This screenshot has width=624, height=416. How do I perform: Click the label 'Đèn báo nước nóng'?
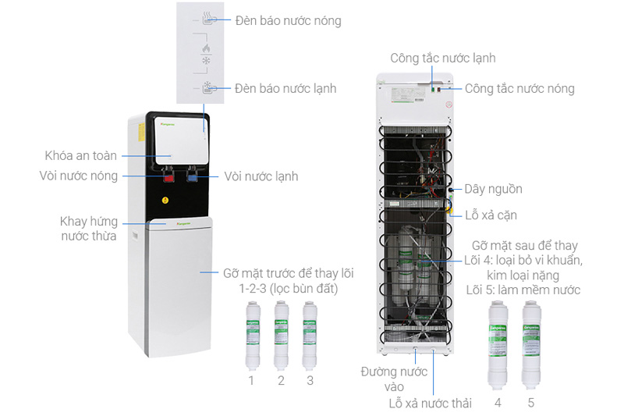point(288,20)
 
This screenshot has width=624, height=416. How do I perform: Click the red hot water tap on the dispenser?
point(167,177)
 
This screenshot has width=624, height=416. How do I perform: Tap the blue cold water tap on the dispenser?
point(192,177)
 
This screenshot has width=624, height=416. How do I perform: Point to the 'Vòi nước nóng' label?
point(78,176)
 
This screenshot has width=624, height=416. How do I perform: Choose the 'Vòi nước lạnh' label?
point(261,176)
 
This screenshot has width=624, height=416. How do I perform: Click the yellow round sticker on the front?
point(165,200)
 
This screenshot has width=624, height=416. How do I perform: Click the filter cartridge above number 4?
point(498,344)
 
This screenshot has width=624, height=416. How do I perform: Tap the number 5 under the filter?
point(531,403)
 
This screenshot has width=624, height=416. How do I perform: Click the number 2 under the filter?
point(281,380)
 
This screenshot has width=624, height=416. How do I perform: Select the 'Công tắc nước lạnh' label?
point(443,58)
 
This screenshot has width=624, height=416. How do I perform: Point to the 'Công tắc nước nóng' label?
point(519,88)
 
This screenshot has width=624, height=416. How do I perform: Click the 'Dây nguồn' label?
point(493,189)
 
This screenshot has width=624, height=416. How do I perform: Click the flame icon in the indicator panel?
point(207,49)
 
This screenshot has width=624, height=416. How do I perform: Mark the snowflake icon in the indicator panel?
point(207,61)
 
